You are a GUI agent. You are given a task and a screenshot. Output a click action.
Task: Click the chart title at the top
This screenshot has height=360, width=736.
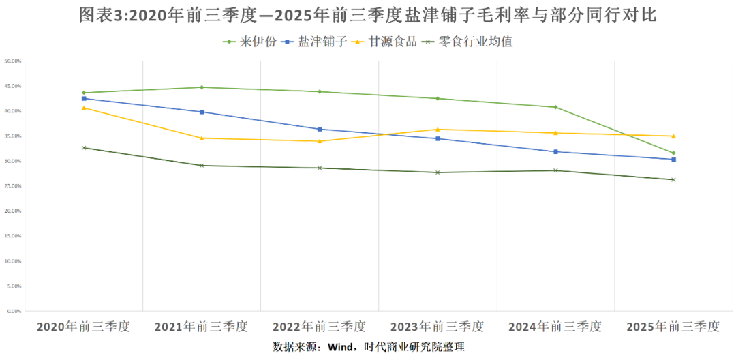(x=368, y=15)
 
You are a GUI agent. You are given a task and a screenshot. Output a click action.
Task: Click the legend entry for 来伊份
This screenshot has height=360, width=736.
(x=250, y=42)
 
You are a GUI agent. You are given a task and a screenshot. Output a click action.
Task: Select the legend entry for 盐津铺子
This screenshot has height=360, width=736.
(x=314, y=42)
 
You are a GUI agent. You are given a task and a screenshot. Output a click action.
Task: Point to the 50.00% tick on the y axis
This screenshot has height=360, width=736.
(x=14, y=61)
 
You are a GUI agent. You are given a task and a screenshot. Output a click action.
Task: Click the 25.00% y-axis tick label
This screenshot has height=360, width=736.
(x=14, y=186)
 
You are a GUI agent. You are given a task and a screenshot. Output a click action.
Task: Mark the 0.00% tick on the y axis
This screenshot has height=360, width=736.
(x=14, y=311)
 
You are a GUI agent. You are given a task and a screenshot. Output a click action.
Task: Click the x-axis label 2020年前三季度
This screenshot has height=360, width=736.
(x=83, y=327)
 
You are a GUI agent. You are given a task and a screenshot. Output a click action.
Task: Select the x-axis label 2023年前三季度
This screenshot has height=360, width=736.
(x=438, y=327)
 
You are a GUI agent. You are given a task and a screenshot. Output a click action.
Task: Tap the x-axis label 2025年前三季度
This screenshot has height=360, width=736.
(x=673, y=327)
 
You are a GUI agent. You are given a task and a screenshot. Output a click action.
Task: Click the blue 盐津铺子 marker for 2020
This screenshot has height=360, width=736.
(x=84, y=98)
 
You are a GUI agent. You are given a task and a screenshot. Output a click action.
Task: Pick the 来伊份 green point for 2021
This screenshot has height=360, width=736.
(x=202, y=87)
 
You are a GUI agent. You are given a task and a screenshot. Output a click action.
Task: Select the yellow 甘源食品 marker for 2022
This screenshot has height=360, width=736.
(x=320, y=141)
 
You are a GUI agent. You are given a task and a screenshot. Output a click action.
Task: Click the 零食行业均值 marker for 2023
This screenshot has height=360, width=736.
(x=438, y=172)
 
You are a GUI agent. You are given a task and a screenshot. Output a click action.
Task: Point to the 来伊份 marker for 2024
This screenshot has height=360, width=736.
(x=555, y=107)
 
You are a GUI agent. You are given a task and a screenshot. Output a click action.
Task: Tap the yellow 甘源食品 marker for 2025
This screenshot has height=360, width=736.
(x=673, y=136)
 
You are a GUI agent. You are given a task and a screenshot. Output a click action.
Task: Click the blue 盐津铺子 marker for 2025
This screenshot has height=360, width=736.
(x=673, y=160)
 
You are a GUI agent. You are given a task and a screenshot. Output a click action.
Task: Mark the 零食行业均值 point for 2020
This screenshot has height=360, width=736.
(x=84, y=148)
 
